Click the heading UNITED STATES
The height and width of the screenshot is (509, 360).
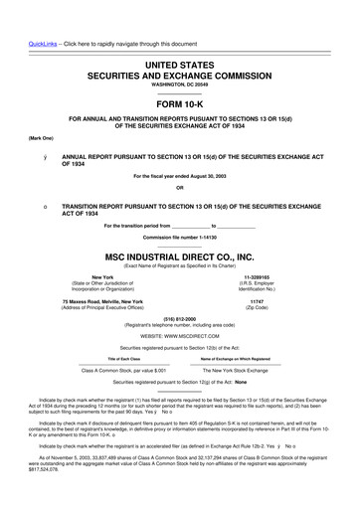click(x=179, y=63)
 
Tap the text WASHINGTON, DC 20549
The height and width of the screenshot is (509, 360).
click(x=179, y=85)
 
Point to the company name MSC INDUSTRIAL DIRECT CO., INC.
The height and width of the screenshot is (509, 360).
click(x=179, y=254)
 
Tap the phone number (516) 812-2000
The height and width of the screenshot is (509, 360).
click(x=179, y=318)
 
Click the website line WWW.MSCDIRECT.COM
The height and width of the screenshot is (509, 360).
click(x=179, y=336)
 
